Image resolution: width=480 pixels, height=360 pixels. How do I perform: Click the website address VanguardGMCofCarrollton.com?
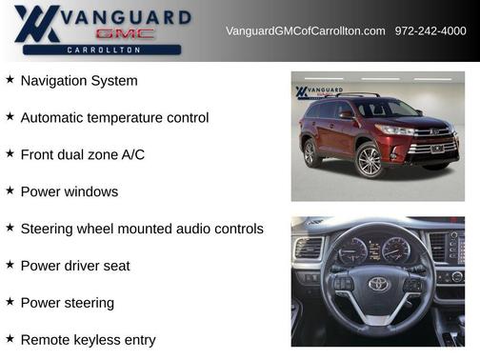(x=305, y=31)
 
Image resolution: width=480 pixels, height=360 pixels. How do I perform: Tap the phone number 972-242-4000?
(x=430, y=31)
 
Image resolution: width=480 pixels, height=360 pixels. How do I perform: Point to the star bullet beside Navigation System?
(x=10, y=80)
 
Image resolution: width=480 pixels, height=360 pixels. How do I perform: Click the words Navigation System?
(x=79, y=81)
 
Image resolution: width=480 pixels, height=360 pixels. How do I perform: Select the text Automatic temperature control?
(x=114, y=118)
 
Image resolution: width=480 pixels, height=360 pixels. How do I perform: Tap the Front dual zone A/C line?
(x=83, y=154)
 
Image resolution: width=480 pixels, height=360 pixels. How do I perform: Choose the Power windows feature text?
(x=70, y=191)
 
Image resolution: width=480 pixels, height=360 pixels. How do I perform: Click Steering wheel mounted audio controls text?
(x=142, y=229)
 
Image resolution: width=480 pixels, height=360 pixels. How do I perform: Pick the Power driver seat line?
(x=75, y=266)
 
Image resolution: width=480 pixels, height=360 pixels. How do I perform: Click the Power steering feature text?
(x=67, y=303)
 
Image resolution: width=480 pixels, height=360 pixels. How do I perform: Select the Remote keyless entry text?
(x=88, y=339)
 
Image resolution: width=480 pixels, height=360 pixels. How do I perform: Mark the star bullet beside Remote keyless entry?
(x=10, y=338)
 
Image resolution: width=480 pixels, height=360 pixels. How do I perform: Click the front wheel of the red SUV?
(x=370, y=160)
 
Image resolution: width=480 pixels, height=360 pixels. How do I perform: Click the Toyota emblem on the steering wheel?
(x=379, y=284)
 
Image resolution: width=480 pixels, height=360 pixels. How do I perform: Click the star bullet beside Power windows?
(x=10, y=190)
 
